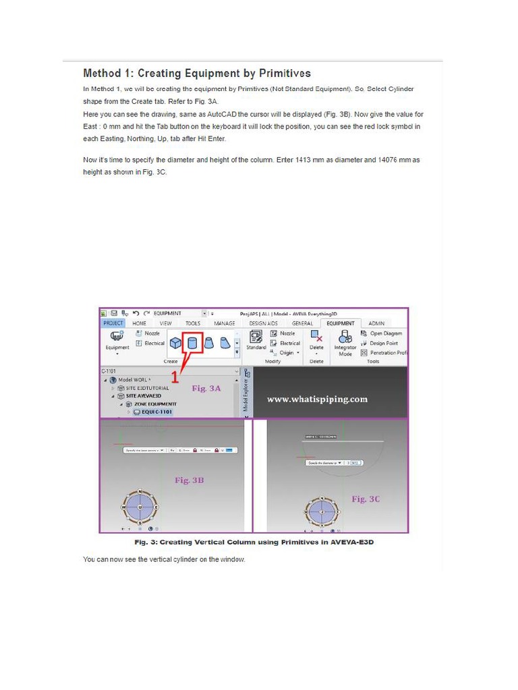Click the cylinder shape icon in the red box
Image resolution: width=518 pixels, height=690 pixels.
(x=192, y=344)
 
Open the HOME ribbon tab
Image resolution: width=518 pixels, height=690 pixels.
(x=139, y=323)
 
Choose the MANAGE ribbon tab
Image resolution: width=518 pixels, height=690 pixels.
(x=224, y=323)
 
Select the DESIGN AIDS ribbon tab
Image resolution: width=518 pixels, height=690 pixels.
(x=263, y=323)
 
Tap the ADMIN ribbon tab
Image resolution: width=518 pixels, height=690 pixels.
(x=376, y=323)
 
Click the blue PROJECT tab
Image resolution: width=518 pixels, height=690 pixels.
(x=113, y=323)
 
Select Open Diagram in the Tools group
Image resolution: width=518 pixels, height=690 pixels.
(x=385, y=334)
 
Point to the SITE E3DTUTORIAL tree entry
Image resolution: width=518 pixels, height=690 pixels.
(x=147, y=388)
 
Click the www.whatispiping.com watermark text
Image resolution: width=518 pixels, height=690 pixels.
(x=317, y=399)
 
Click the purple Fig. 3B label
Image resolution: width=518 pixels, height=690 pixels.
(x=189, y=480)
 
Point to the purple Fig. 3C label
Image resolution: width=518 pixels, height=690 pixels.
(x=366, y=499)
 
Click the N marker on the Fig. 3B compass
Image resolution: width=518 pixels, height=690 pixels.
(x=140, y=491)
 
